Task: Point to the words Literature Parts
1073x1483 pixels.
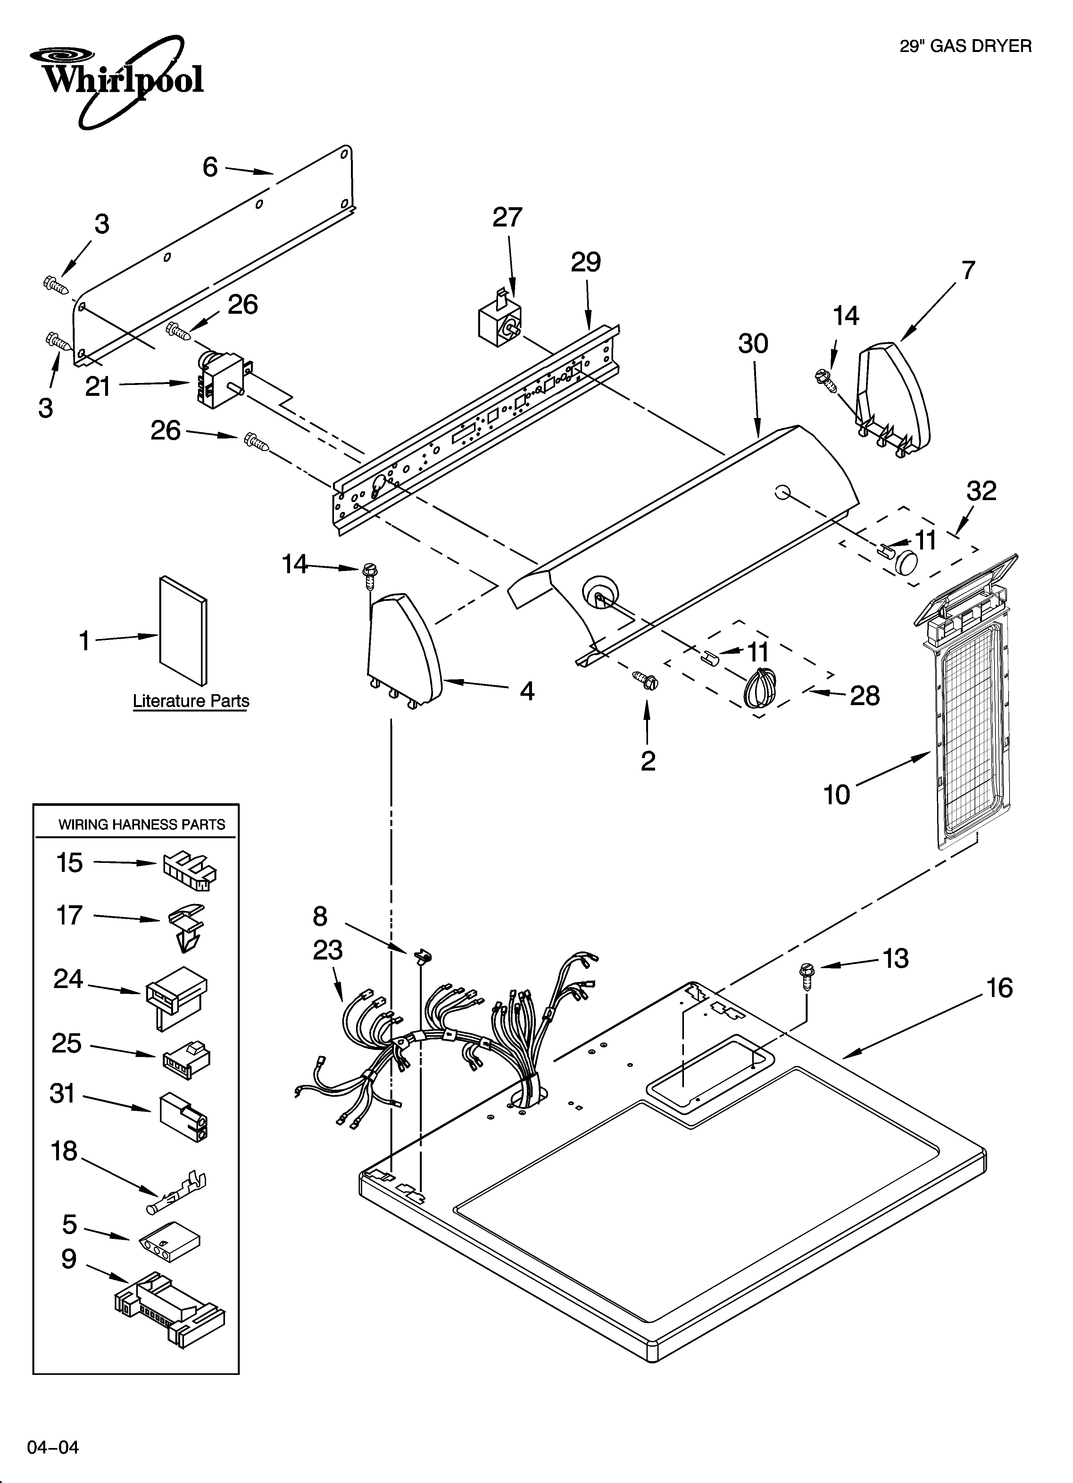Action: pyautogui.click(x=191, y=701)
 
